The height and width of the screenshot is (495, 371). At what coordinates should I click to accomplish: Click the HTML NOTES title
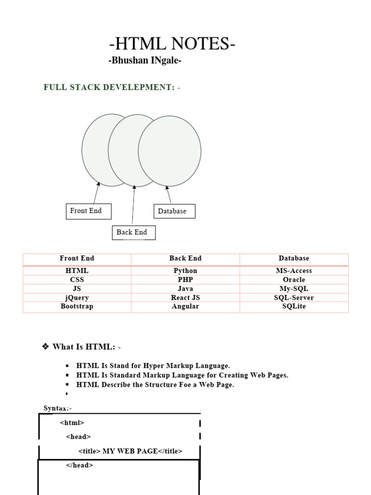pyautogui.click(x=172, y=44)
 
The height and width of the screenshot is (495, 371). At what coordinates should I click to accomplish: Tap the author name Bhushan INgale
pyautogui.click(x=145, y=61)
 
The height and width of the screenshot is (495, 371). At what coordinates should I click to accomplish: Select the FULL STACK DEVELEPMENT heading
pyautogui.click(x=112, y=87)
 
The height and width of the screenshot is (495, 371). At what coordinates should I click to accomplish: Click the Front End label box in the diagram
pyautogui.click(x=88, y=211)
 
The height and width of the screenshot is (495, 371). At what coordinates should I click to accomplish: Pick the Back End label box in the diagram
pyautogui.click(x=134, y=233)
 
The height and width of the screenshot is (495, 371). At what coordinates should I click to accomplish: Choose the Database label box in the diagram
pyautogui.click(x=174, y=211)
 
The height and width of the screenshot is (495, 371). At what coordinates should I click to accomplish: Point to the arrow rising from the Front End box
pyautogui.click(x=97, y=192)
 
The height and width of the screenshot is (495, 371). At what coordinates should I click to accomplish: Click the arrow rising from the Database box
pyautogui.click(x=168, y=194)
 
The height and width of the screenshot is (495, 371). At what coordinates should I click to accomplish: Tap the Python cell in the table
pyautogui.click(x=185, y=271)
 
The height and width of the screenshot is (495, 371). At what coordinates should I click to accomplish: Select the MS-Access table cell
pyautogui.click(x=294, y=271)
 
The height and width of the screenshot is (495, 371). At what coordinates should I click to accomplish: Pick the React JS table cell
pyautogui.click(x=185, y=298)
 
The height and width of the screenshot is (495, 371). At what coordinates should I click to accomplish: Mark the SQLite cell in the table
pyautogui.click(x=294, y=306)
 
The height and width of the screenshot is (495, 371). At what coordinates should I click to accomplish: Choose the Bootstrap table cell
pyautogui.click(x=77, y=306)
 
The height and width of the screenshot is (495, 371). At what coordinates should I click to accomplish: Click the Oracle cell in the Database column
pyautogui.click(x=294, y=279)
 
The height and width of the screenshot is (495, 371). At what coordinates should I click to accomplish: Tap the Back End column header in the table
pyautogui.click(x=185, y=259)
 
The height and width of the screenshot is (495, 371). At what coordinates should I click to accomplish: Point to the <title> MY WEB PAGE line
pyautogui.click(x=130, y=451)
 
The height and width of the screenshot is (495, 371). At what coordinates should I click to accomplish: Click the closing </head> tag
pyautogui.click(x=79, y=465)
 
